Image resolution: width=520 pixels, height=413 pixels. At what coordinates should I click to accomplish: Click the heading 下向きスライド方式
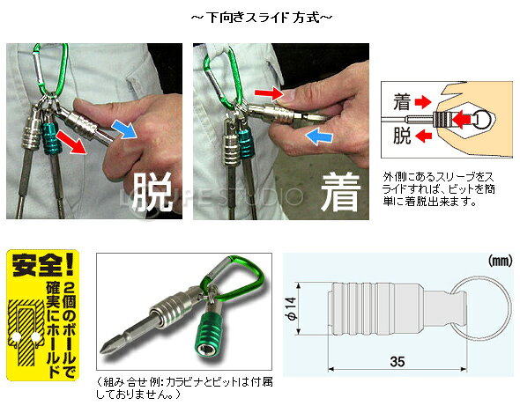pos(262,18)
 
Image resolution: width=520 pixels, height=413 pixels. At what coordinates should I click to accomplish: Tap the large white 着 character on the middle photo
pos(340,193)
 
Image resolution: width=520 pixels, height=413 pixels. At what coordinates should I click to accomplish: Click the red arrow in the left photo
pos(71,142)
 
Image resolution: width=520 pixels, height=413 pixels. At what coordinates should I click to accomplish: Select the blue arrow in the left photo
pos(124,130)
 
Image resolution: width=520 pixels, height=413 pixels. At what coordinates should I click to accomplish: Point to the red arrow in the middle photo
pos(269,93)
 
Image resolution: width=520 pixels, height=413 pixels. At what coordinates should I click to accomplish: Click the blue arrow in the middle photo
pos(319,136)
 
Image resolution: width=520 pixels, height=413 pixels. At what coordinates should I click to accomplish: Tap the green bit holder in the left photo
pos(50,138)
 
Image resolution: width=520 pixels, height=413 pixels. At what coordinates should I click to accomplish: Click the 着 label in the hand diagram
pos(402,101)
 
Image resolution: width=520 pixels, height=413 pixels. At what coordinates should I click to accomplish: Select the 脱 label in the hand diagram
pos(402,136)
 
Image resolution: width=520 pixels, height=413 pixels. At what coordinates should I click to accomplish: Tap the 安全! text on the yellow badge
pos(43,266)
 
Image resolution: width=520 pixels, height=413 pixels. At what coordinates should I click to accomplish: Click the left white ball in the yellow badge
pos(15,337)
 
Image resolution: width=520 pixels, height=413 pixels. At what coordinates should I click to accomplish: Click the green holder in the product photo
pos(208,338)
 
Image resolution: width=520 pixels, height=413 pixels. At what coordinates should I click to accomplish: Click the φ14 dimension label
pos(292,309)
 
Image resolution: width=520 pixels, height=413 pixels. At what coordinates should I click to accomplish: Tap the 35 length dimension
pos(397,361)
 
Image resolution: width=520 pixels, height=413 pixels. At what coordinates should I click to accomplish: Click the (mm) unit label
pos(500,262)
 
